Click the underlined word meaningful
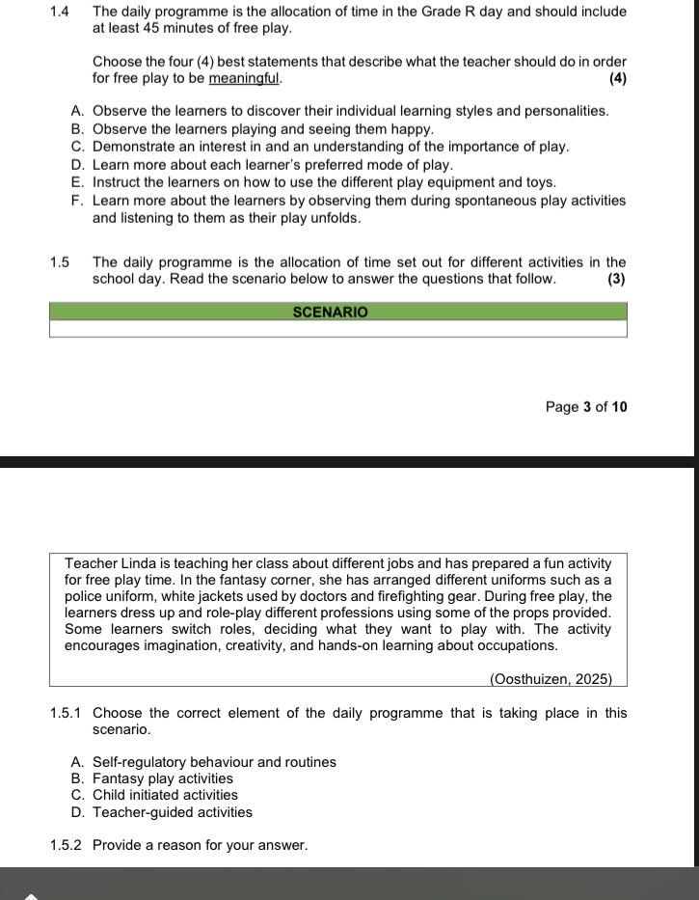[x=244, y=78]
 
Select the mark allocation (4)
[x=618, y=78]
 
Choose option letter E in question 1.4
[x=77, y=182]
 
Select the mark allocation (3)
[x=617, y=280]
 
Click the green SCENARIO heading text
[x=330, y=313]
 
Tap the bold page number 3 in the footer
[x=587, y=407]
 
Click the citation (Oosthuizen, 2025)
[x=551, y=679]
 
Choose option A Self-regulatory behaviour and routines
[x=214, y=762]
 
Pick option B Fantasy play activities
[x=162, y=778]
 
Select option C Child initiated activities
[x=165, y=795]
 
